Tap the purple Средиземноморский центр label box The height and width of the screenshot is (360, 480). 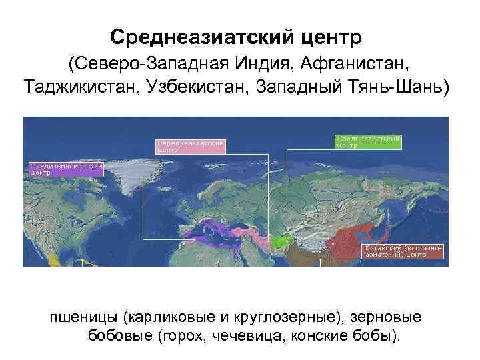click(x=65, y=167)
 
